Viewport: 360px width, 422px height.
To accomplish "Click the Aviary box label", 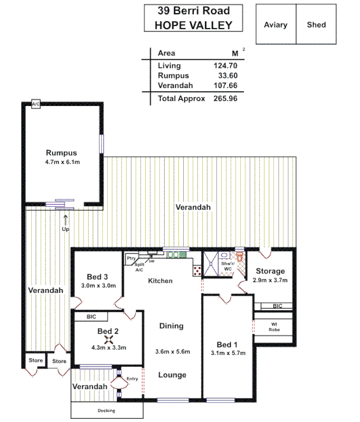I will (276, 25).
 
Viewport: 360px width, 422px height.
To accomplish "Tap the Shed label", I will (316, 25).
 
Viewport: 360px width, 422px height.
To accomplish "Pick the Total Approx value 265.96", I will (225, 99).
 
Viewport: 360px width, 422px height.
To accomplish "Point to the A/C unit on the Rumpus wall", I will (36, 104).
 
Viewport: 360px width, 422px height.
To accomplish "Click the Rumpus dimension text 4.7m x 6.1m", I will (62, 162).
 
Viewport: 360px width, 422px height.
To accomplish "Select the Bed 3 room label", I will (98, 277).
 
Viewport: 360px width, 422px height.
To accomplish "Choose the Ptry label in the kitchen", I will (131, 258).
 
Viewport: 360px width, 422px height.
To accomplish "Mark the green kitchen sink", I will (173, 255).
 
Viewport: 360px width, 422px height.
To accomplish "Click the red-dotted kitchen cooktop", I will (197, 270).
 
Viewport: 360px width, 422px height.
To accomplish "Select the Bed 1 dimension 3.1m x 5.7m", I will (228, 353).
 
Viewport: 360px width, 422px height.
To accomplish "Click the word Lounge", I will (172, 375).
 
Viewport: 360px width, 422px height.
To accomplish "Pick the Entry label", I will (132, 379).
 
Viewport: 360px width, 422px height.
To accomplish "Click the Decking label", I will (106, 411).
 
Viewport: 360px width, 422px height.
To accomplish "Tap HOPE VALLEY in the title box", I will (193, 25).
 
